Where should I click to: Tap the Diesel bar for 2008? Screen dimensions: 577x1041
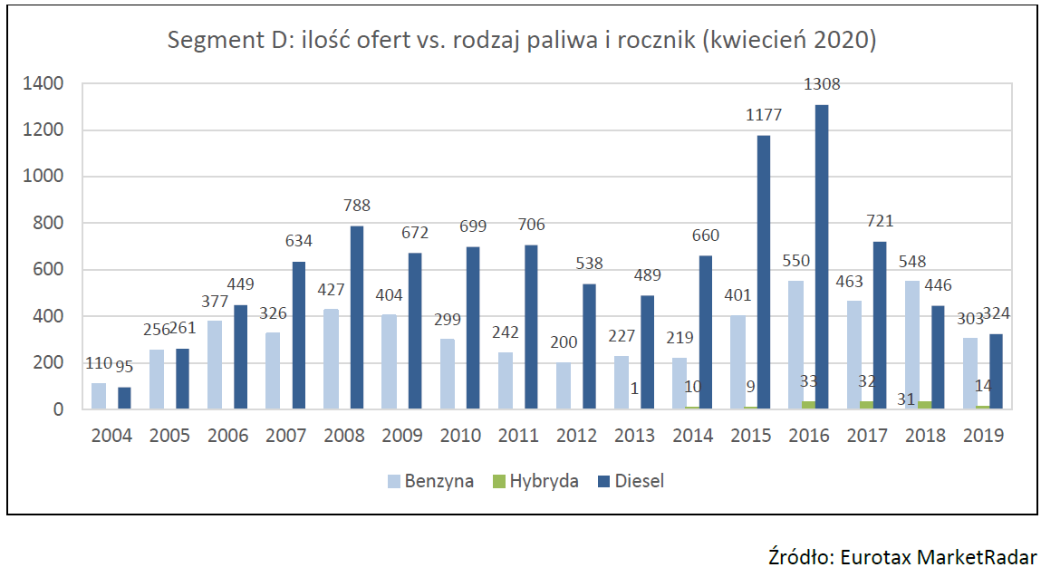pos(357,317)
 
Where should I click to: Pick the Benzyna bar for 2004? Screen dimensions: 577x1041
pos(99,396)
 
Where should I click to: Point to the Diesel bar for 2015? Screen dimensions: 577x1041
pos(763,272)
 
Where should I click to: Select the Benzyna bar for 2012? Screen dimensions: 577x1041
pos(564,385)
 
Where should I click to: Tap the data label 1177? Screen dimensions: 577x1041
pos(763,115)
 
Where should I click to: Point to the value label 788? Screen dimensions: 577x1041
pos(357,206)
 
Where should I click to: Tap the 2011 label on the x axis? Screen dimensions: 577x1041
pos(519,436)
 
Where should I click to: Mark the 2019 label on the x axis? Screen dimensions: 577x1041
pos(984,436)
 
